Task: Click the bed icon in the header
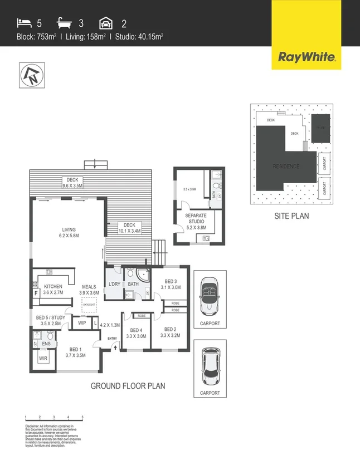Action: coord(23,23)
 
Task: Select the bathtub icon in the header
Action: coord(65,23)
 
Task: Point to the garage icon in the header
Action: coord(106,23)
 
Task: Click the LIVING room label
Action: coord(69,233)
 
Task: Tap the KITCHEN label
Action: coord(53,289)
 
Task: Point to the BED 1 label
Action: coord(75,351)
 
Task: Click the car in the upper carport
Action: coord(210,293)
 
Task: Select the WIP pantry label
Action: coord(81,322)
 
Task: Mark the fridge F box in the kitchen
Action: coord(36,292)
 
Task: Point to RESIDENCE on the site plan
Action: coord(286,166)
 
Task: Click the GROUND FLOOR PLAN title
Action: coord(128,385)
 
